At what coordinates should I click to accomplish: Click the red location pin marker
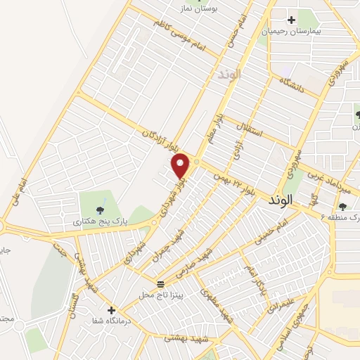pyautogui.click(x=181, y=165)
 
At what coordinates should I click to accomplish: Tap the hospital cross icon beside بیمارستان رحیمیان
pyautogui.click(x=291, y=20)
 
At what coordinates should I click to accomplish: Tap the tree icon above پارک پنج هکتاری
pyautogui.click(x=99, y=209)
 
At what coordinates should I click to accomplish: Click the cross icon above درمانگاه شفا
pyautogui.click(x=110, y=309)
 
